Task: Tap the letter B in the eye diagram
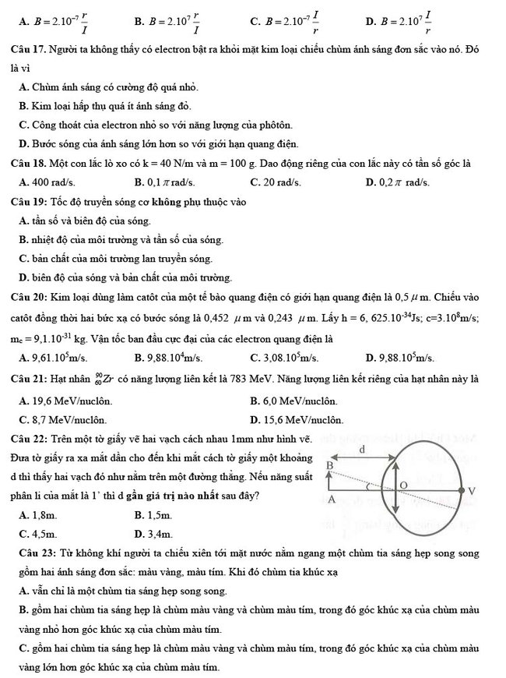pyautogui.click(x=329, y=465)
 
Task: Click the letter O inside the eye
pyautogui.click(x=402, y=486)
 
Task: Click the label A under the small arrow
pyautogui.click(x=330, y=499)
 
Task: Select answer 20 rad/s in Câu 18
pyautogui.click(x=276, y=183)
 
